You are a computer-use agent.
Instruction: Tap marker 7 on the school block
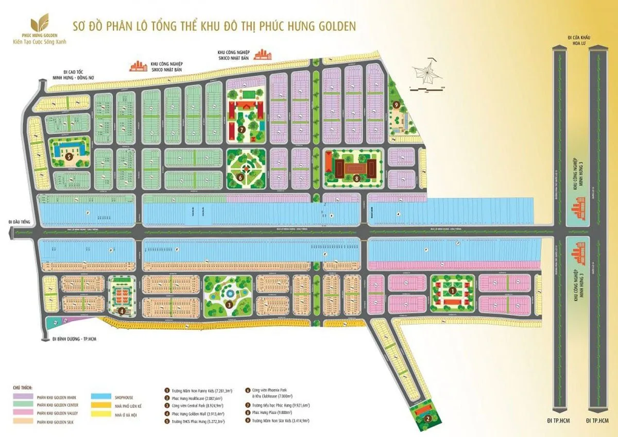(x=241, y=129)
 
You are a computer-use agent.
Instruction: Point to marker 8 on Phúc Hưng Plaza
(x=356, y=178)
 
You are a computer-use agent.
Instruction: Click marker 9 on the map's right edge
(x=396, y=105)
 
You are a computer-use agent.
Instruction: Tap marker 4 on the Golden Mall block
(x=121, y=311)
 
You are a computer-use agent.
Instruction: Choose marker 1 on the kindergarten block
(x=452, y=291)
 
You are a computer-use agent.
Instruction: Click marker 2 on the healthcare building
(x=427, y=418)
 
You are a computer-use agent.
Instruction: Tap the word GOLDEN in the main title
(x=334, y=25)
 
